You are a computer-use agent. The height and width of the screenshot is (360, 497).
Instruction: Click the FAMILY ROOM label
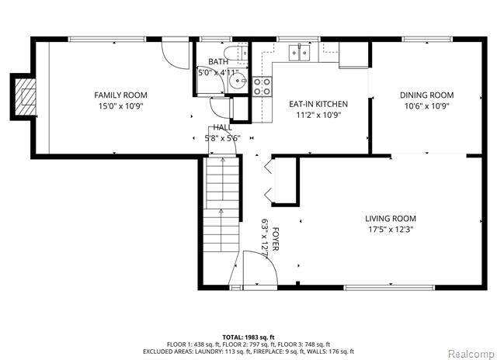coord(120,95)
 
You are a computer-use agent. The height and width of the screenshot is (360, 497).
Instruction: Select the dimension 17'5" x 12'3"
coord(391,229)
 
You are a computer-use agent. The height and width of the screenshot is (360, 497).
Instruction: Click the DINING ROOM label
coord(426,95)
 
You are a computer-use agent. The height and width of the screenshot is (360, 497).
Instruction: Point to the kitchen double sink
coord(299,53)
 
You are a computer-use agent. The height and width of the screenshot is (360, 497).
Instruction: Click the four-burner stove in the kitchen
coord(262,87)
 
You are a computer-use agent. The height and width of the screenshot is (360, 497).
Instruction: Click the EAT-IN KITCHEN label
coord(318,104)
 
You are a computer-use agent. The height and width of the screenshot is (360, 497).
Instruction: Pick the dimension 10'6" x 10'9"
coord(427,106)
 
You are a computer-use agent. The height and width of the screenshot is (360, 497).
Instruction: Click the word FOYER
coord(275,239)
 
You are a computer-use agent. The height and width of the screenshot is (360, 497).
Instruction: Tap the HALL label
coord(223,127)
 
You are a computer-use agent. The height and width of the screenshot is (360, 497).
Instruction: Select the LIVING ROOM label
coord(391,219)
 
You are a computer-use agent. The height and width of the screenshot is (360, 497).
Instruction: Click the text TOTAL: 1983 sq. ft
coord(248,337)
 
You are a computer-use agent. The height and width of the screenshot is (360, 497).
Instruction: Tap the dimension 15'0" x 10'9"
coord(121,106)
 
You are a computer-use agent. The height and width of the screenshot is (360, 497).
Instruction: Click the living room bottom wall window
coord(389,288)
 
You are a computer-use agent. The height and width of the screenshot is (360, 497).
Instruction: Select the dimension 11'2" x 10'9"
coord(318,115)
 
